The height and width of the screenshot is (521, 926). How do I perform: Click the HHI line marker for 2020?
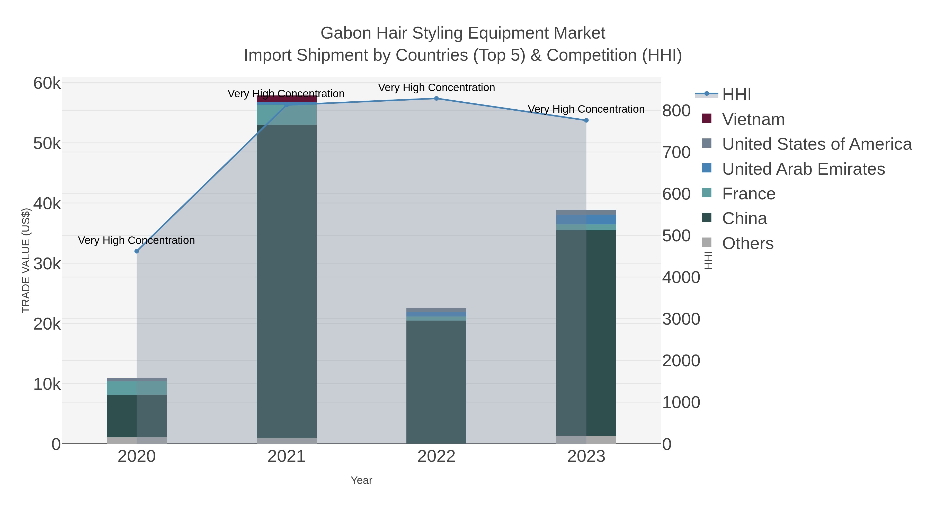(137, 251)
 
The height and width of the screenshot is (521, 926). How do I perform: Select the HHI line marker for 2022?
(437, 99)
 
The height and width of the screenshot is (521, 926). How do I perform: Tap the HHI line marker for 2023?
(586, 120)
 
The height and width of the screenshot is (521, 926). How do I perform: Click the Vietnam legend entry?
(753, 119)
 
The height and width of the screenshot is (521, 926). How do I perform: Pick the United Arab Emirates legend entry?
(803, 169)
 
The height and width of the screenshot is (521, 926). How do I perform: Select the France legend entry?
(749, 194)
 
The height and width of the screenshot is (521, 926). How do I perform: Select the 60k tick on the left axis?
(47, 83)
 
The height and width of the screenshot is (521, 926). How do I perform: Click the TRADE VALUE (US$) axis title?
(26, 260)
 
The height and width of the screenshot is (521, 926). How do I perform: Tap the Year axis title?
(361, 480)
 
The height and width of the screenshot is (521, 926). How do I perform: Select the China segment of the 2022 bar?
(437, 381)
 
